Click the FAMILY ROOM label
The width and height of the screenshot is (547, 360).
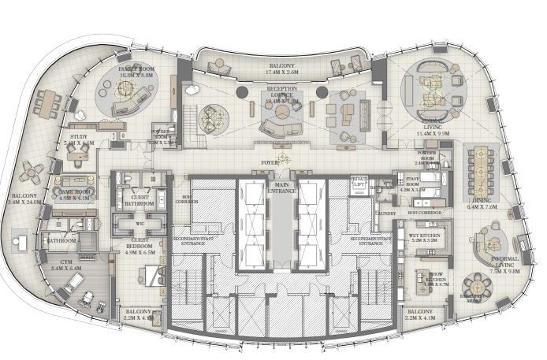[135, 69]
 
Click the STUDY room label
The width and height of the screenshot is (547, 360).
[80, 136]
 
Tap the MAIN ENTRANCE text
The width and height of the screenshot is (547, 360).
[281, 190]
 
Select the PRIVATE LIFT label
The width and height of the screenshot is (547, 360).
[360, 181]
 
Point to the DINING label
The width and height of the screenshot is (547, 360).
[479, 200]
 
